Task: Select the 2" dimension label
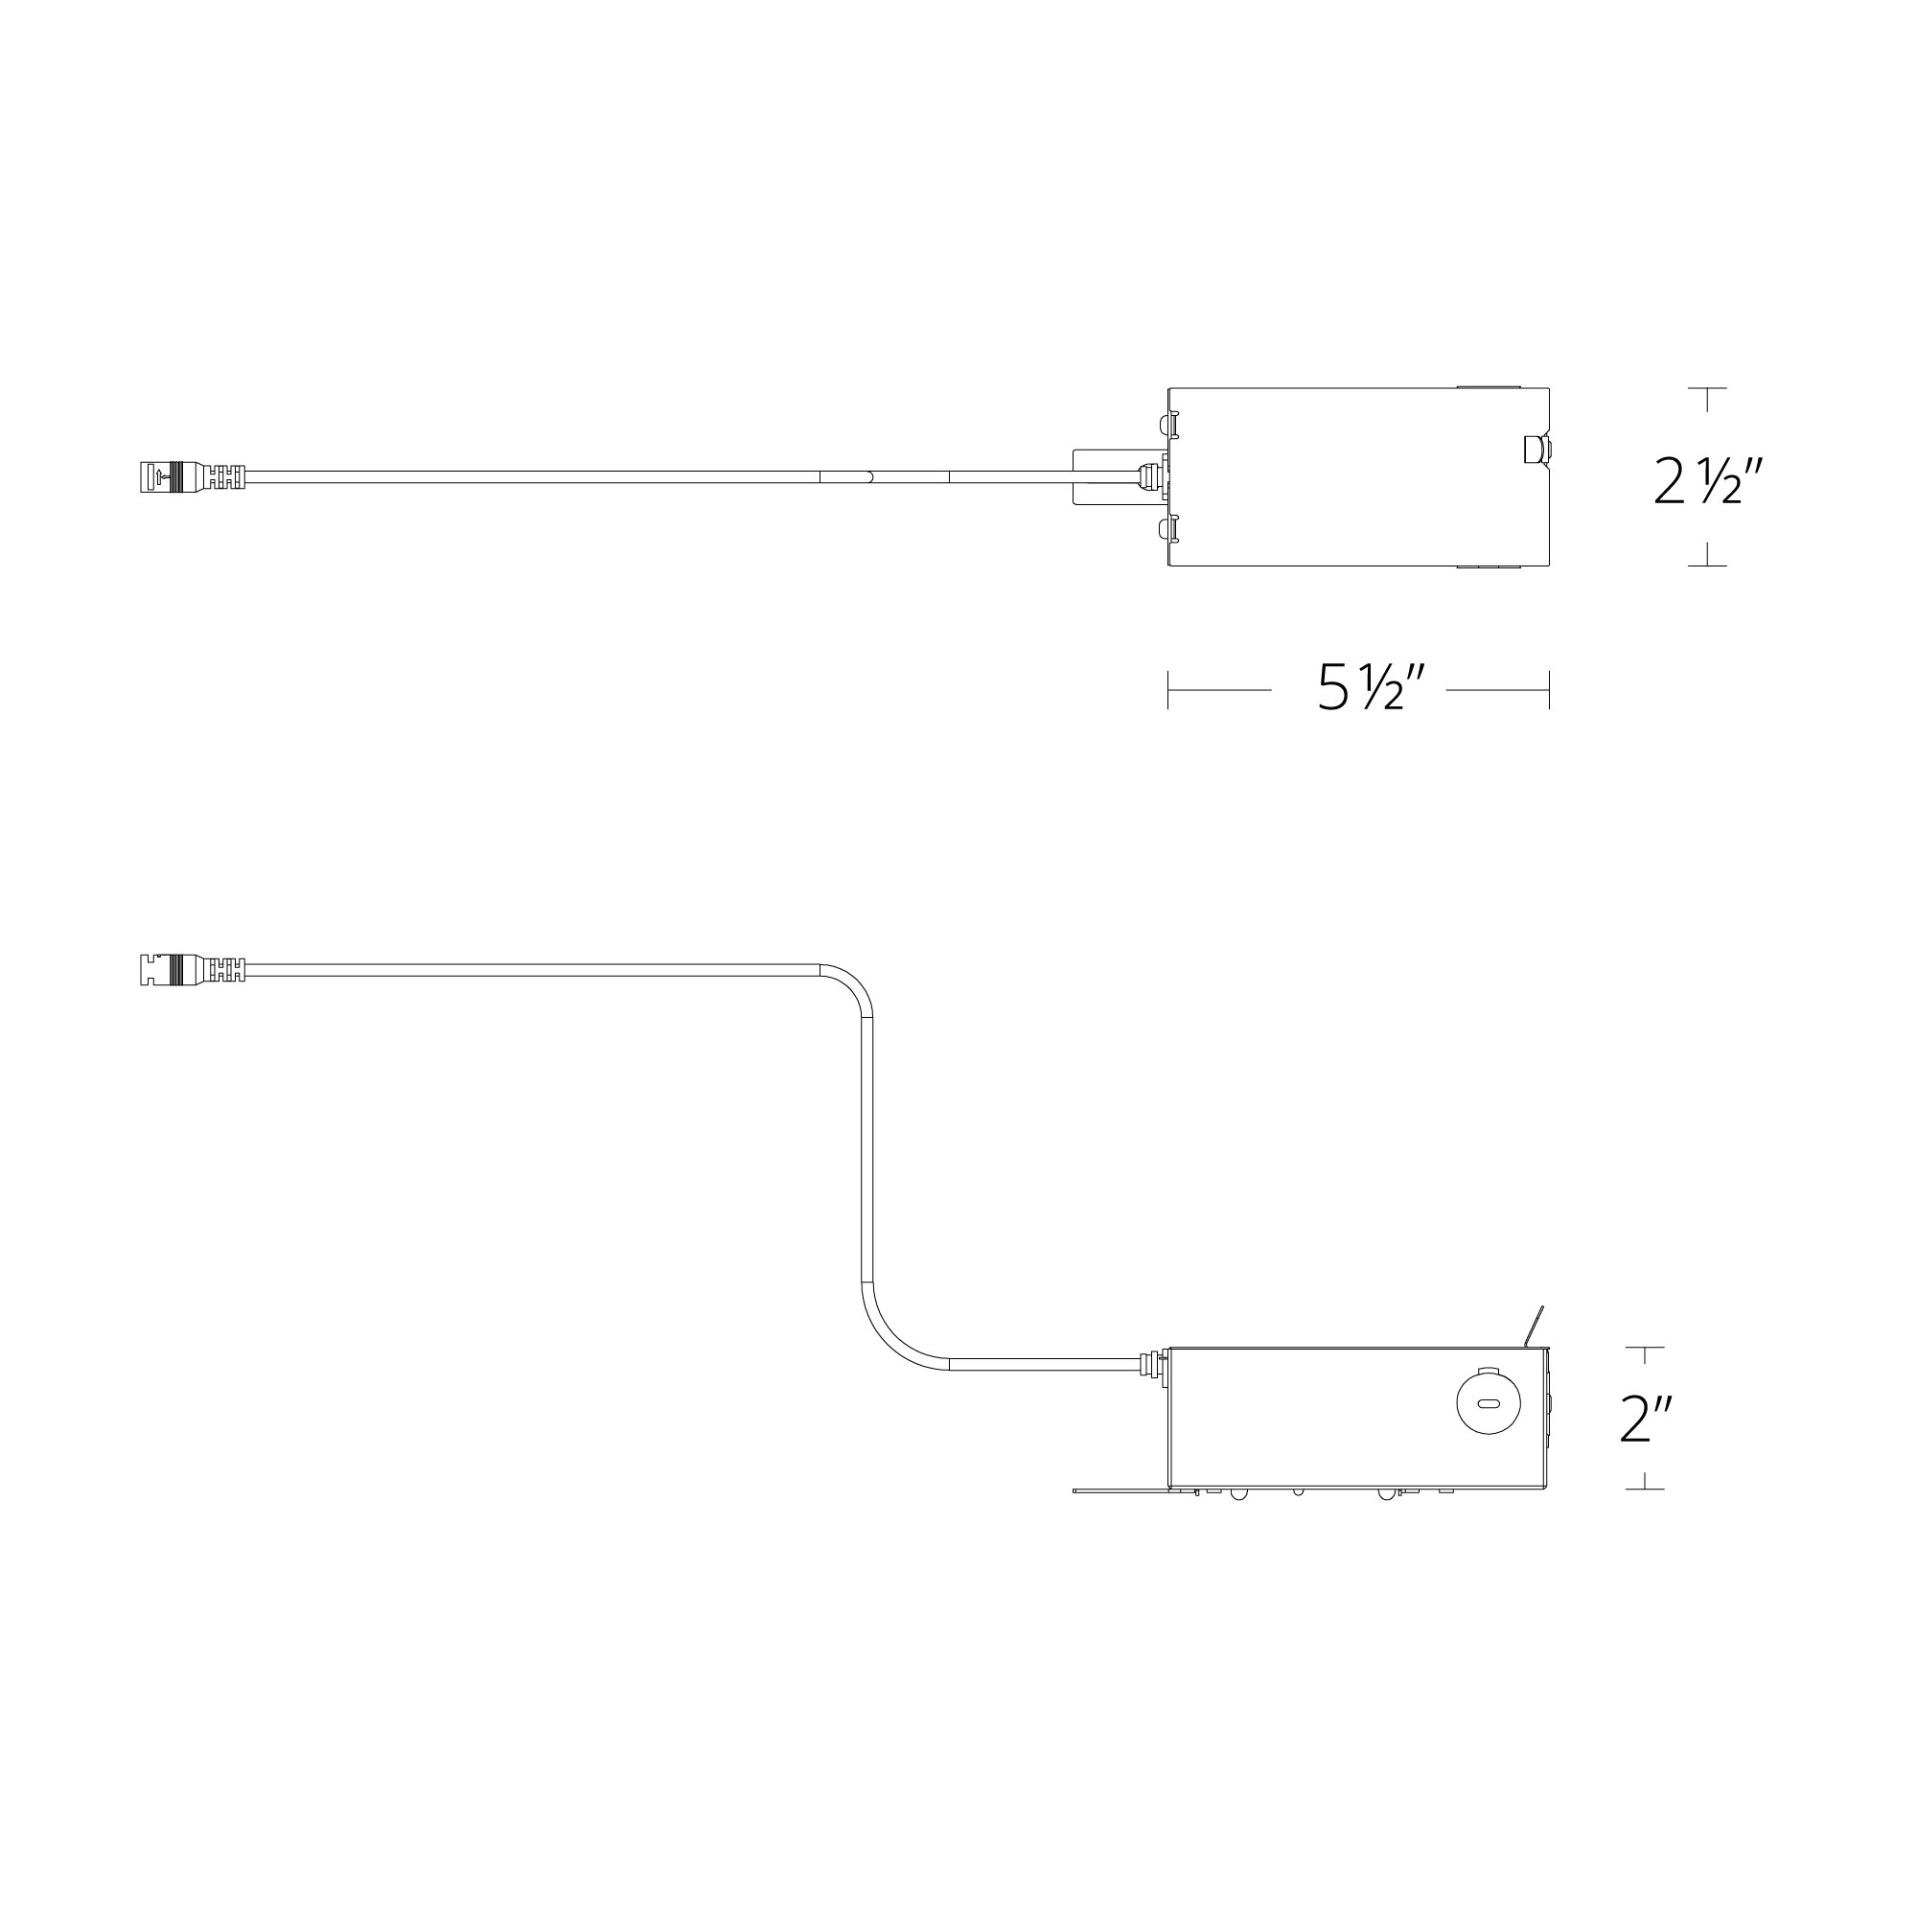pos(1646,1420)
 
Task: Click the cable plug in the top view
pos(189,476)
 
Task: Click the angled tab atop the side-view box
pos(1534,1328)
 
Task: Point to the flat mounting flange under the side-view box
pos(1121,1517)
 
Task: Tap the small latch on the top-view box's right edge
pos(1536,450)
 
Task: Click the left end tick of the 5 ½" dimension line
pos(1168,689)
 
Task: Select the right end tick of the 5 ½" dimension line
pos(1549,689)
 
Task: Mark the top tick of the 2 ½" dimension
pos(1707,389)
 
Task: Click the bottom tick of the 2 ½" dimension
pos(1707,565)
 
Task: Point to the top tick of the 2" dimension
pos(1645,1348)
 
